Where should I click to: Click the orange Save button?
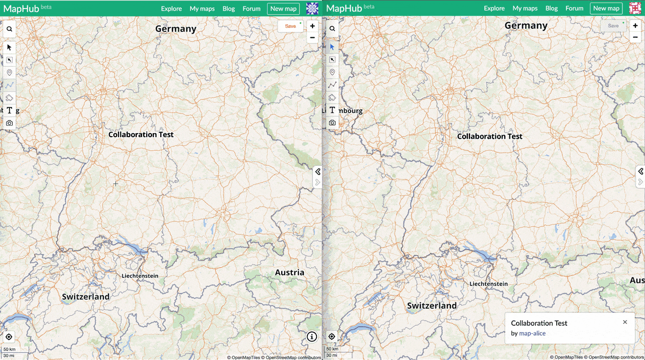coord(290,26)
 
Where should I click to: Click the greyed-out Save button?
coord(613,26)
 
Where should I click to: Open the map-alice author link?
coord(532,333)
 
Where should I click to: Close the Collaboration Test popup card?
coord(625,322)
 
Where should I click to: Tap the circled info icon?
coord(311,337)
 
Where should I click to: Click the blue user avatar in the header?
coord(312,9)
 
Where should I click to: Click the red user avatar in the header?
coord(635,9)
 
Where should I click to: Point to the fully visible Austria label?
coord(289,273)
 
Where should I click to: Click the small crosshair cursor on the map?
coord(116,184)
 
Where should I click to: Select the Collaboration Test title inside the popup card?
coord(539,323)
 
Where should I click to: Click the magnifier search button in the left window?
coord(9,29)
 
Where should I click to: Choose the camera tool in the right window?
coord(332,123)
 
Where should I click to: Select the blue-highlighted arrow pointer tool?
coord(332,47)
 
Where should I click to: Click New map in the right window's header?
coord(606,9)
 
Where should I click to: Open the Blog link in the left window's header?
coord(229,9)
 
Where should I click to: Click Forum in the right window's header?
coord(574,9)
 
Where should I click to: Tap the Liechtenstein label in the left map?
coord(140,276)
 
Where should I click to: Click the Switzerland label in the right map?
coord(432,306)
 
